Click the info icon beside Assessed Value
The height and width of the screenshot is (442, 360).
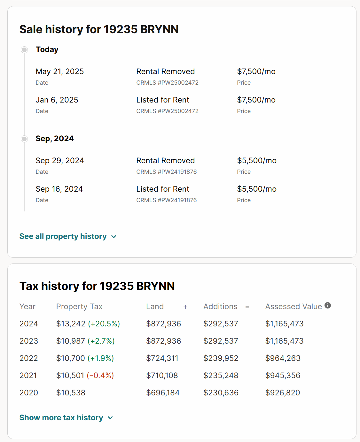[328, 305]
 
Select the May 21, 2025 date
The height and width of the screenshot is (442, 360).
[60, 72]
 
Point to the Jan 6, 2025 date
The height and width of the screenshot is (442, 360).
[57, 100]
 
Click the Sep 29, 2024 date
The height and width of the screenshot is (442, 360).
[60, 161]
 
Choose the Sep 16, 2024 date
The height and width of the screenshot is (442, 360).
[59, 189]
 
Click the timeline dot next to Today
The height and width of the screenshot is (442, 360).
[24, 50]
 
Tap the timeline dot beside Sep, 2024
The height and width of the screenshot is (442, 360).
[24, 139]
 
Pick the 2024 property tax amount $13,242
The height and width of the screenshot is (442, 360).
[71, 324]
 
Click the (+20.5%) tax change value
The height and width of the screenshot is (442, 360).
[104, 324]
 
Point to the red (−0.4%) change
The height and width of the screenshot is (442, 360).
[100, 376]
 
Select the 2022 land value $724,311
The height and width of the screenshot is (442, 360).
[162, 358]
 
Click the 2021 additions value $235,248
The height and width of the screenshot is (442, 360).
[221, 376]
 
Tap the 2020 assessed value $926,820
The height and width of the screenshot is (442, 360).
[283, 393]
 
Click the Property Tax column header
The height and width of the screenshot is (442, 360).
[79, 307]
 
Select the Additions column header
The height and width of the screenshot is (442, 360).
[220, 307]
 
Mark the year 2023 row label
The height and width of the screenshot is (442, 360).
[29, 341]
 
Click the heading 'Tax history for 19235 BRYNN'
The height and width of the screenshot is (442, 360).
[97, 286]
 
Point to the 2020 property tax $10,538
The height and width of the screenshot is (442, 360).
[71, 393]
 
